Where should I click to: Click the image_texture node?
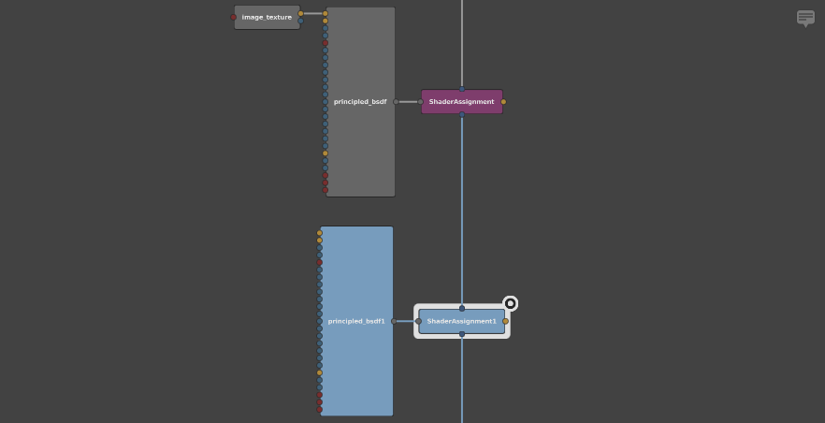[x=268, y=18]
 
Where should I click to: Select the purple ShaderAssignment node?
[x=462, y=102]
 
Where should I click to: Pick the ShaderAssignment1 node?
[x=462, y=321]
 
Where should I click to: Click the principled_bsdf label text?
[x=360, y=102]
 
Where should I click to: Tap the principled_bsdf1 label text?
[x=356, y=321]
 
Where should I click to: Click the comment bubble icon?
[x=805, y=19]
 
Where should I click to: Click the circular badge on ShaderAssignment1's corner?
[x=511, y=303]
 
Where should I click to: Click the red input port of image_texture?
[x=234, y=18]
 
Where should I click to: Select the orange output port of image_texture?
[x=301, y=14]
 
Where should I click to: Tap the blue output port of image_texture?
[x=301, y=21]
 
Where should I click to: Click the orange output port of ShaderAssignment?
[x=503, y=102]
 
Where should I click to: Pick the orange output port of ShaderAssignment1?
[x=506, y=321]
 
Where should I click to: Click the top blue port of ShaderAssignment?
[x=462, y=89]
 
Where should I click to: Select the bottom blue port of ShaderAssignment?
[x=462, y=114]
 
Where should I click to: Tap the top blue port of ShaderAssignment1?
[x=462, y=308]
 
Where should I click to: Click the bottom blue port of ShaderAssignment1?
[x=462, y=334]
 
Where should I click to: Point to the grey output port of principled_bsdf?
[x=397, y=102]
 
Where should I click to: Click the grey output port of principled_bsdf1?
[x=394, y=321]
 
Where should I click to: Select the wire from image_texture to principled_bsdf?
[x=313, y=14]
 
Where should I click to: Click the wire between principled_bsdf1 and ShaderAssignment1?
[x=406, y=321]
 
